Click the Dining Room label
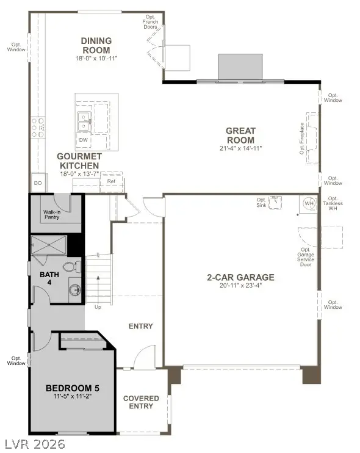96,45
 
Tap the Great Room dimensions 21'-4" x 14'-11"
240,148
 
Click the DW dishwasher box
83,140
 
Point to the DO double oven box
37,183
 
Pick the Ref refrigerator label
111,181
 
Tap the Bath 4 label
49,279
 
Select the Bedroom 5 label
73,388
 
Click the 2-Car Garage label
240,277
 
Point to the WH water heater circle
308,204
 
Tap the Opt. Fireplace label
301,139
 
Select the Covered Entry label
141,402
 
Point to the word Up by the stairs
98,306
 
